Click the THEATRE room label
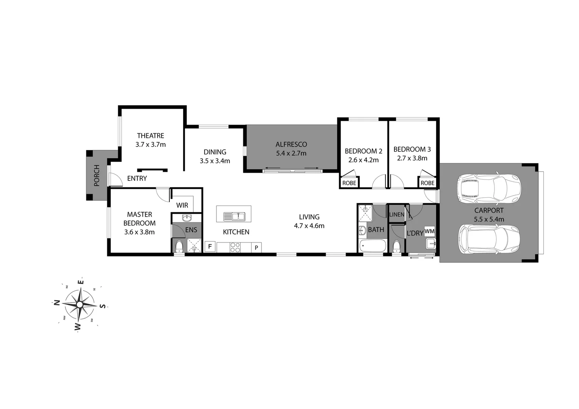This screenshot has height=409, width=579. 150,136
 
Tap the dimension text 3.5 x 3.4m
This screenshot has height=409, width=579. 215,161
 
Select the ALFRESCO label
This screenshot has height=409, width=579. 291,144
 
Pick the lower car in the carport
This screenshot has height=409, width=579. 489,240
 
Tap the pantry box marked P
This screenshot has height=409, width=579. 256,248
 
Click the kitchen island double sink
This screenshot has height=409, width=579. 234,216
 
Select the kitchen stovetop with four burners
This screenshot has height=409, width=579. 235,247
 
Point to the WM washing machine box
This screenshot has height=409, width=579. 429,231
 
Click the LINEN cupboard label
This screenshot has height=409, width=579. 397,214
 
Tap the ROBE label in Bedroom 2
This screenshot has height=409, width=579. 349,183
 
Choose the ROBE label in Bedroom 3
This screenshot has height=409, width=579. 427,183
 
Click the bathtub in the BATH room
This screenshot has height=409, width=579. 372,247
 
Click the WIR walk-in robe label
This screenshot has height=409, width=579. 182,205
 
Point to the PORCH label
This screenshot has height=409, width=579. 97,175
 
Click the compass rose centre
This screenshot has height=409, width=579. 80,304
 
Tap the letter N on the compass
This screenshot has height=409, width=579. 57,302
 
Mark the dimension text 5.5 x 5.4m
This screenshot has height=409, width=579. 489,219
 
